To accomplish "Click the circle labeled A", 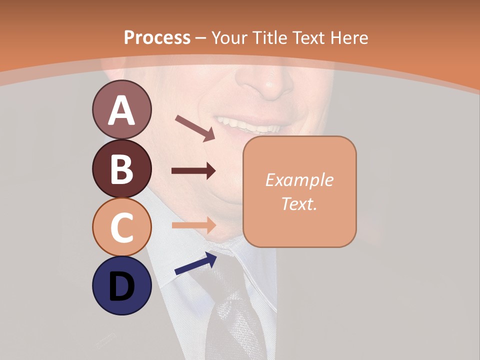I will coord(121,110).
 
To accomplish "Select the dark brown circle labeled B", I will coord(121,168).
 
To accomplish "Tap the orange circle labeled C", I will coord(121,227).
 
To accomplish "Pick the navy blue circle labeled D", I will coord(121,285).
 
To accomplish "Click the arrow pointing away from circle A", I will coord(195,128).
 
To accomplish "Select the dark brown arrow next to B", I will coord(193,171).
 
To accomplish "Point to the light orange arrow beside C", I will coord(193,225).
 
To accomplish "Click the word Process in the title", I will coord(157,37).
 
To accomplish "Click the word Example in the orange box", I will coord(299,180).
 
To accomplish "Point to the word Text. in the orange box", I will coord(299,203).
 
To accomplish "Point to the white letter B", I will coord(121,168).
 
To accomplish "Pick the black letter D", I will coord(121,286).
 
